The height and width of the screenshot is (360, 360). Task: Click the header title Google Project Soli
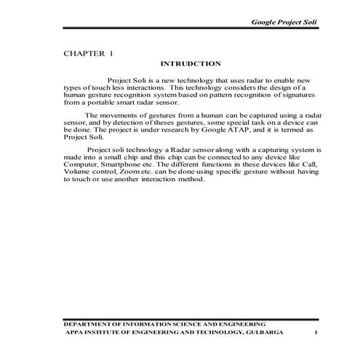click(x=284, y=23)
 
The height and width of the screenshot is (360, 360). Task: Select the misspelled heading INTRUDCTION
click(x=185, y=64)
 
